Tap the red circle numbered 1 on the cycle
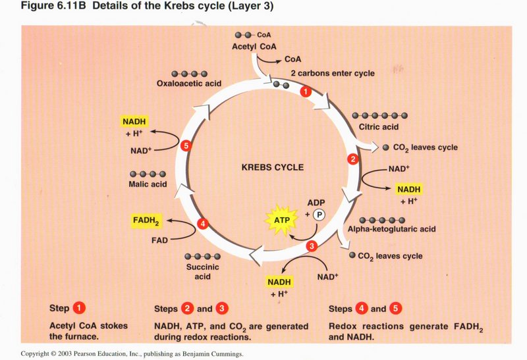click(305, 93)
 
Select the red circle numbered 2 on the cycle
click(353, 159)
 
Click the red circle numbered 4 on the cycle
click(203, 224)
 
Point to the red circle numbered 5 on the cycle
click(186, 145)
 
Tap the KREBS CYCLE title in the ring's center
click(273, 167)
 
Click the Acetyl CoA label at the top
click(254, 47)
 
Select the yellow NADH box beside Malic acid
click(134, 121)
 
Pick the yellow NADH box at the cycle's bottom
click(279, 282)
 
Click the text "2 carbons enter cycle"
click(333, 73)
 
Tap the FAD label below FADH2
click(159, 240)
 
